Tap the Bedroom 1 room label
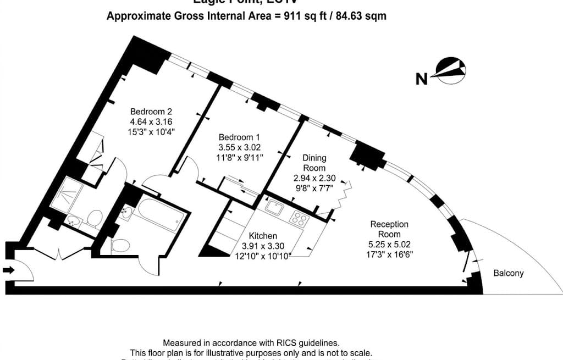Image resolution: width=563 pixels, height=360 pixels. pyautogui.click(x=239, y=137)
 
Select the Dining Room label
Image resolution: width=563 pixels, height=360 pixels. pyautogui.click(x=314, y=163)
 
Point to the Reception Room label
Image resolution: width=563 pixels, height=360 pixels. pyautogui.click(x=389, y=229)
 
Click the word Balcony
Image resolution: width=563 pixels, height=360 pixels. pyautogui.click(x=508, y=273)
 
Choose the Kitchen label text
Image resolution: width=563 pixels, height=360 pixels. pyautogui.click(x=263, y=236)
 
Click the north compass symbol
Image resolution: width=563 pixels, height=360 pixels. pyautogui.click(x=450, y=70)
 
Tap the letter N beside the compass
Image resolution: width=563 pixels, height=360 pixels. pyautogui.click(x=422, y=79)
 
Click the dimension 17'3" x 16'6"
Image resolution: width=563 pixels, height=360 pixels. pyautogui.click(x=389, y=254)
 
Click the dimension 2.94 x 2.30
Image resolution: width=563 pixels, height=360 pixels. pyautogui.click(x=314, y=178)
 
